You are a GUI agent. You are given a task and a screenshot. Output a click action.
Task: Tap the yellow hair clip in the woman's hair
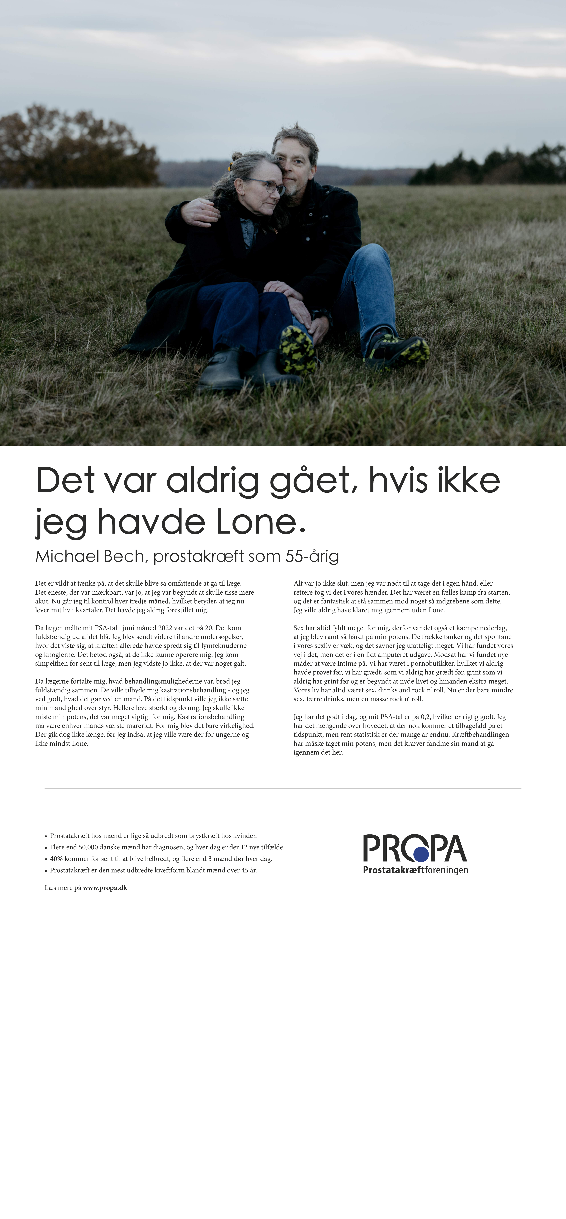(x=230, y=167)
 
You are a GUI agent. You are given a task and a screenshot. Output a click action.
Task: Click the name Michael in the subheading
(x=67, y=556)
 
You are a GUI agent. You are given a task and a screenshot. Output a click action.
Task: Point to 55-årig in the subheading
(x=312, y=556)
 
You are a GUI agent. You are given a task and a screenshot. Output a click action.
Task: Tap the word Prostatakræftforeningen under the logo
(x=415, y=870)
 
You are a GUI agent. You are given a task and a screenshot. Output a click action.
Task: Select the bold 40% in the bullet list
(x=56, y=858)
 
